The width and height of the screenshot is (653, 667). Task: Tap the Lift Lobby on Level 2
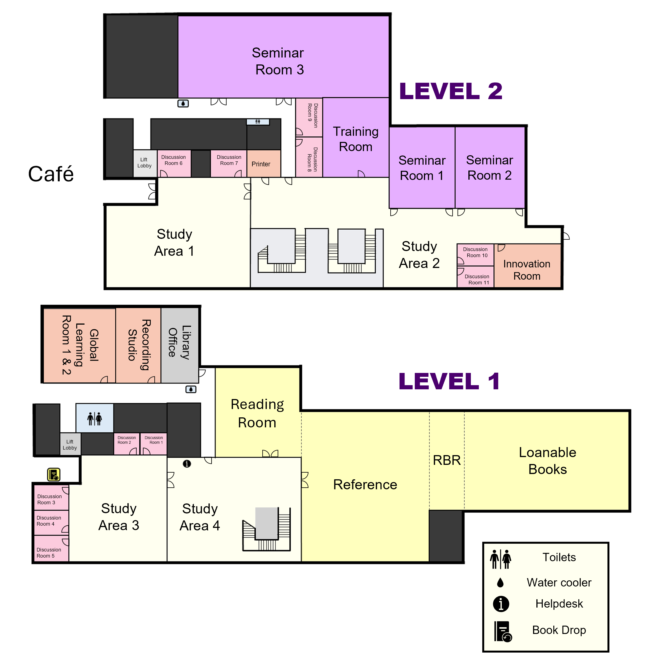click(x=144, y=163)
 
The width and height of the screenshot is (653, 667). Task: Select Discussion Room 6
click(x=174, y=161)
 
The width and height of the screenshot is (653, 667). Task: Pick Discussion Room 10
click(x=475, y=253)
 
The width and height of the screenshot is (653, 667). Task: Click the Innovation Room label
click(x=526, y=270)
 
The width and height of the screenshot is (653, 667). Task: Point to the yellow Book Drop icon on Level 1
click(x=54, y=475)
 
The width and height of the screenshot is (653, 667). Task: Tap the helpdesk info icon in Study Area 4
click(x=187, y=463)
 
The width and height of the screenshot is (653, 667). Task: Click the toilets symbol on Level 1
click(x=95, y=418)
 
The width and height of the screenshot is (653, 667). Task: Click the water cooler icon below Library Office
click(x=191, y=389)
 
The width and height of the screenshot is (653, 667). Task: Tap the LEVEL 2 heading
click(x=450, y=91)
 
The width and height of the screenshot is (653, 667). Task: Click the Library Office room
click(x=180, y=343)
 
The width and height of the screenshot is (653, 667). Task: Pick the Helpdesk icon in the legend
click(x=501, y=604)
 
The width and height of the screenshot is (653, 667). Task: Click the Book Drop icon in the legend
click(x=503, y=631)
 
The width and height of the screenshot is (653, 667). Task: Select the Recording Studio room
click(x=138, y=345)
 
